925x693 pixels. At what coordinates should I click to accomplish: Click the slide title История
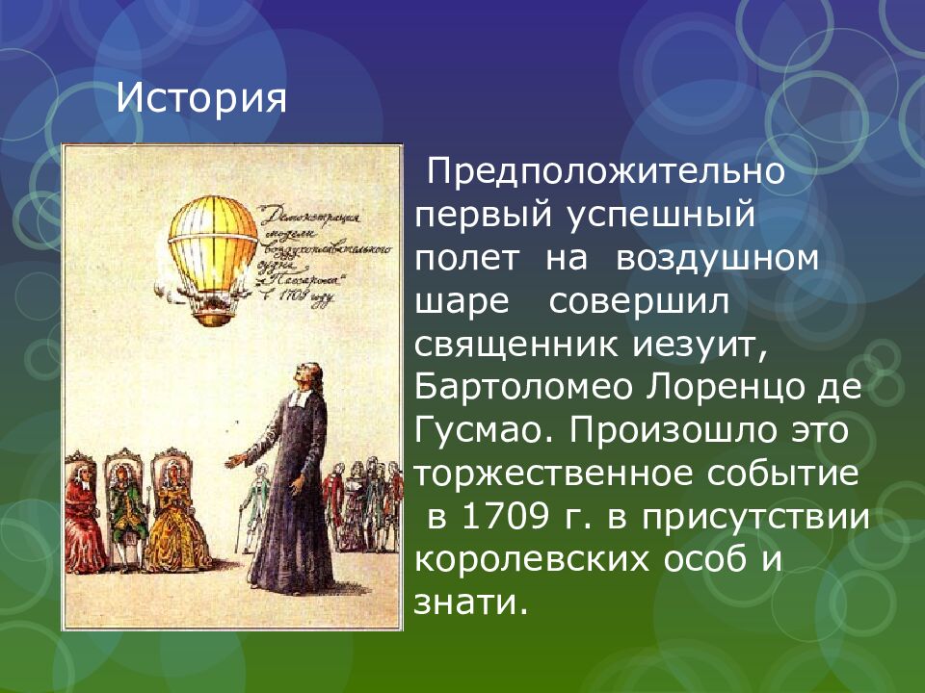click(x=201, y=98)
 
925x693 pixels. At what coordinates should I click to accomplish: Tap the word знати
click(x=471, y=603)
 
